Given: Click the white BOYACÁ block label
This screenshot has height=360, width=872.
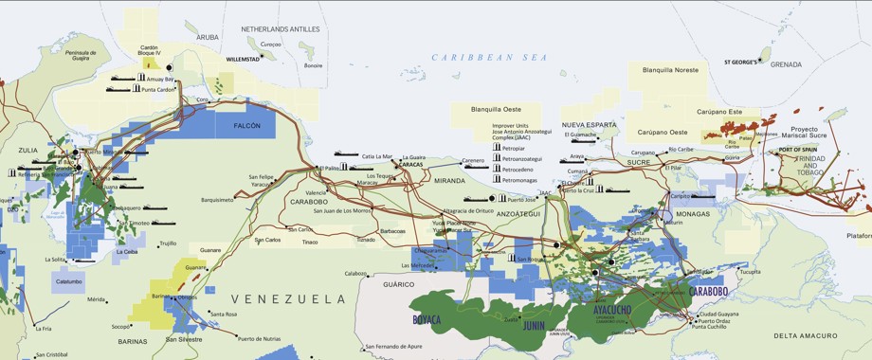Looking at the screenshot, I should [x=427, y=320].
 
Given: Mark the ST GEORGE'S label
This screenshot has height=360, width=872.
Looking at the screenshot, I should [x=740, y=62].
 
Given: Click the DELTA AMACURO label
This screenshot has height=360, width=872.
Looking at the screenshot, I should [x=805, y=335].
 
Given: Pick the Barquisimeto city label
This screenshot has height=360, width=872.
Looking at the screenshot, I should [x=217, y=200].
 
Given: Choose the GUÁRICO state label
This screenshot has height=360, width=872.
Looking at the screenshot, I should [x=400, y=284].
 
